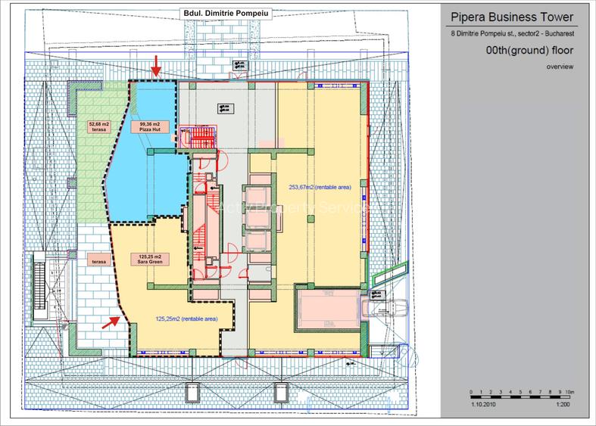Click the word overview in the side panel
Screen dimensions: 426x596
559,67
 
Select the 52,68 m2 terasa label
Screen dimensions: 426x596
100,127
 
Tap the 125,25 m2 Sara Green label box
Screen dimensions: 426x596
148,260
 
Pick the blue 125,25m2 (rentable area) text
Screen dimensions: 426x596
186,319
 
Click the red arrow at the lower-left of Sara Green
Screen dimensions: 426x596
111,322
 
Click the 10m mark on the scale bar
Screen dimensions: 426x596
570,391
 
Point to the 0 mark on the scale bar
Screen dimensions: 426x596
471,391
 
